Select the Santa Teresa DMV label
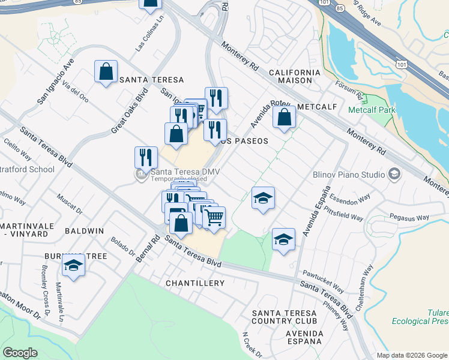(185, 172)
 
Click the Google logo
(20, 353)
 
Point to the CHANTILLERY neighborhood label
(195, 283)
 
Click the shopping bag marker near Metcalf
(284, 118)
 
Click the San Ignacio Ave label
(55, 81)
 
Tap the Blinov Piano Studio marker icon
(394, 175)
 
